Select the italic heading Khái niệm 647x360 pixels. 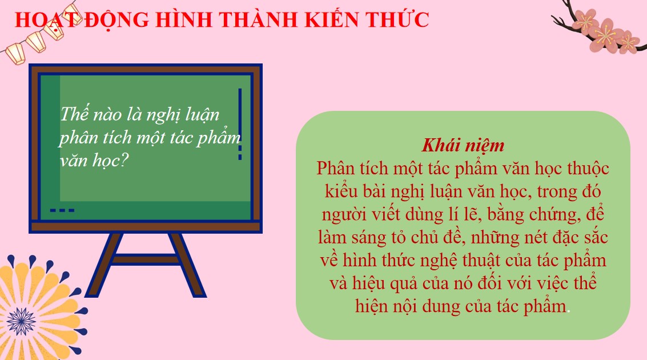(463, 145)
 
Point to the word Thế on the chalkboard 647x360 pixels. (72, 113)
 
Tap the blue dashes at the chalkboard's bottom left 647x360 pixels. (62, 210)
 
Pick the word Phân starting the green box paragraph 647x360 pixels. (336, 169)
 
